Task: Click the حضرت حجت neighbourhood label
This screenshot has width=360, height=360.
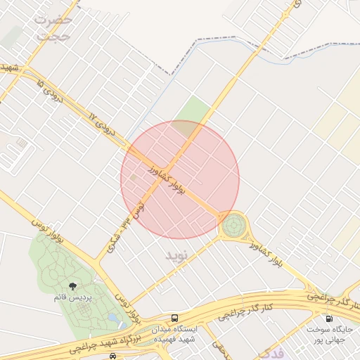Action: pyautogui.click(x=53, y=27)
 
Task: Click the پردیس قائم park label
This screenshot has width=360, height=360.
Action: pyautogui.click(x=72, y=297)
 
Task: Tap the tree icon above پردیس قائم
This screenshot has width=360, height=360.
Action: pyautogui.click(x=73, y=286)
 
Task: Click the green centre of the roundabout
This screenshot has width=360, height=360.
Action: pyautogui.click(x=233, y=226)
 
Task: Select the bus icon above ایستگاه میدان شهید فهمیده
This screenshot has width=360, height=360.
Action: pyautogui.click(x=175, y=318)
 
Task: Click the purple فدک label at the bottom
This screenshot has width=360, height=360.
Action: pyautogui.click(x=271, y=352)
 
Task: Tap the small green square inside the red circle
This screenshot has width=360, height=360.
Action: pyautogui.click(x=134, y=177)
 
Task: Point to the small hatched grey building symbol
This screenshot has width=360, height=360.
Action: pyautogui.click(x=22, y=143)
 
